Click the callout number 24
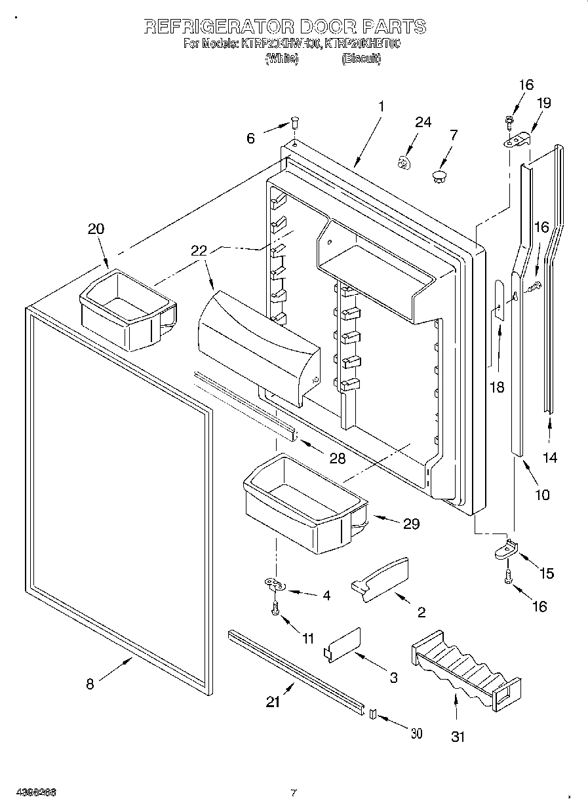click(x=423, y=123)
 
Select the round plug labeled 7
click(x=439, y=175)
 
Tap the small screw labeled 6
click(x=295, y=123)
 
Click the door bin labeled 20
click(x=127, y=309)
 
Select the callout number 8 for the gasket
click(x=90, y=684)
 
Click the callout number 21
click(x=273, y=702)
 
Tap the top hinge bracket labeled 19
click(x=518, y=140)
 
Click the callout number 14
click(x=551, y=457)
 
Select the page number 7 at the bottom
click(x=294, y=793)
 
